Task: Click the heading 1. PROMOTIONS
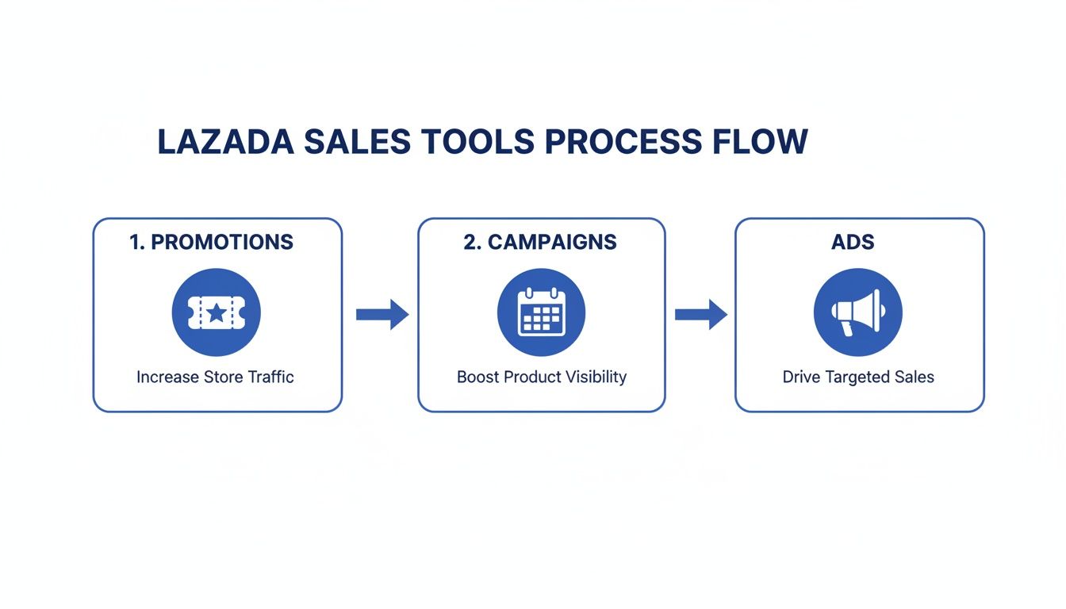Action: pyautogui.click(x=211, y=243)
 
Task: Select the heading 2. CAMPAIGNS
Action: pyautogui.click(x=540, y=243)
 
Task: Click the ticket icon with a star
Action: pyautogui.click(x=216, y=312)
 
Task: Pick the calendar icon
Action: pyautogui.click(x=541, y=312)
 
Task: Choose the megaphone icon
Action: pyautogui.click(x=858, y=312)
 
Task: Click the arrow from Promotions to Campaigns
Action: pyautogui.click(x=382, y=315)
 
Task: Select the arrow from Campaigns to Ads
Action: pyautogui.click(x=700, y=315)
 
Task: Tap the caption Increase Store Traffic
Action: pyautogui.click(x=215, y=377)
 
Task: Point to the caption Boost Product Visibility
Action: pyautogui.click(x=542, y=377)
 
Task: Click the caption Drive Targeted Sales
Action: pyautogui.click(x=858, y=377)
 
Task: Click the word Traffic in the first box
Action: pyautogui.click(x=270, y=377)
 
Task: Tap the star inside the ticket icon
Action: pyautogui.click(x=216, y=312)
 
